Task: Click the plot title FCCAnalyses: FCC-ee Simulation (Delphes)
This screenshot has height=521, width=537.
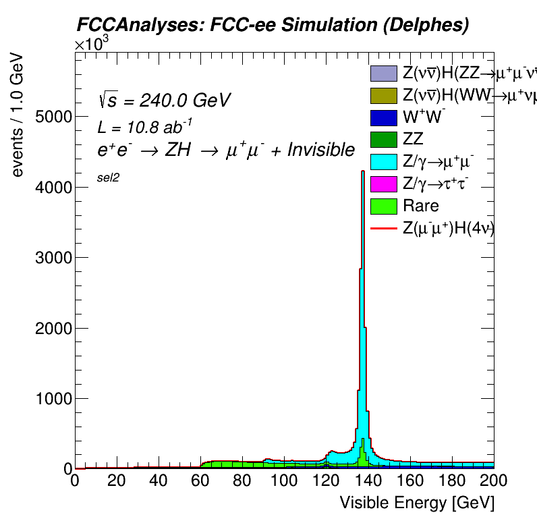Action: (271, 25)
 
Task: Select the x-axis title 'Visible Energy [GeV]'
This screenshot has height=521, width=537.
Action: (416, 503)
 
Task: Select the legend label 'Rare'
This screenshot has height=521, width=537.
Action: (420, 206)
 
